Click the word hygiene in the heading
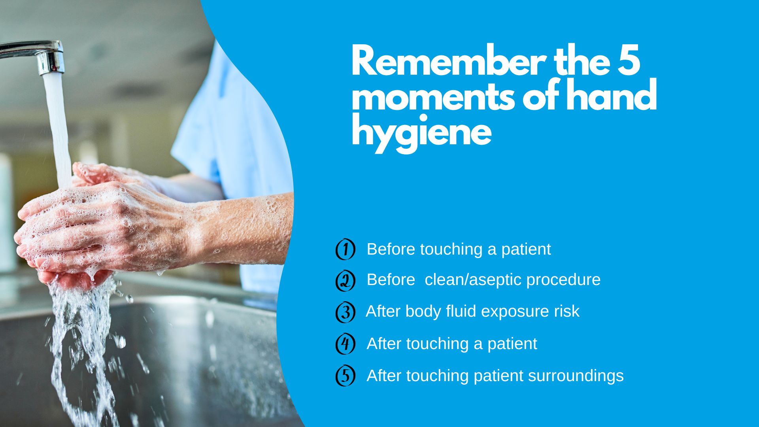pyautogui.click(x=421, y=133)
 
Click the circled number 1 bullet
pyautogui.click(x=345, y=249)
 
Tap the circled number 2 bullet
pyautogui.click(x=345, y=280)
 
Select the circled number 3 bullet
pyautogui.click(x=345, y=312)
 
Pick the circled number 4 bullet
pyautogui.click(x=345, y=344)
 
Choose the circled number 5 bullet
pyautogui.click(x=345, y=375)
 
